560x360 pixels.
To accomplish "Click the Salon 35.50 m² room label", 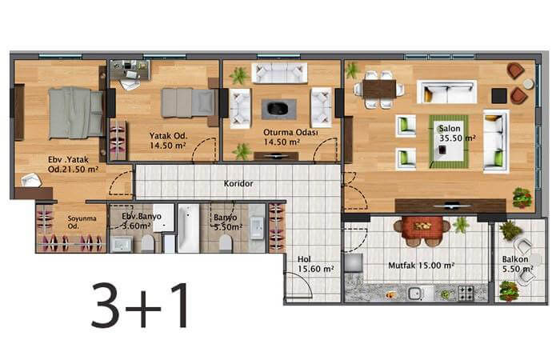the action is [457, 134].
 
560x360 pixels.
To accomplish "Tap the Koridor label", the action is [238, 183].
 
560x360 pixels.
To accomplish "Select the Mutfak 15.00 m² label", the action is [421, 266].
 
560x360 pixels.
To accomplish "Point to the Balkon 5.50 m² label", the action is [518, 264].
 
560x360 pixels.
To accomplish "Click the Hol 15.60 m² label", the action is [316, 264].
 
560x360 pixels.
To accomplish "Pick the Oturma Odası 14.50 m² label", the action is [290, 137].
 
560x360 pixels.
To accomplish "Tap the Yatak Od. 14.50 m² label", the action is [168, 141].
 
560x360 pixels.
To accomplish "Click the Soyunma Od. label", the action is [82, 222].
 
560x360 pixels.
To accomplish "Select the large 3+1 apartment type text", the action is [140, 305].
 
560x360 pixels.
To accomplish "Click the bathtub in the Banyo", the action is [188, 229].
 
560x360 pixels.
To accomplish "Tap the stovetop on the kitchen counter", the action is [466, 294].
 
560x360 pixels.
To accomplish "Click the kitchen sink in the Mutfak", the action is [415, 294].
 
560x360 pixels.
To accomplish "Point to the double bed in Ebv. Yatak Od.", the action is [76, 113].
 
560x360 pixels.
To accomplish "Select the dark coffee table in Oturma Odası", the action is [278, 109].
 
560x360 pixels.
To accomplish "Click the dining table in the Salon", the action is [379, 89].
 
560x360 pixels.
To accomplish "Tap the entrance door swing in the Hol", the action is [299, 286].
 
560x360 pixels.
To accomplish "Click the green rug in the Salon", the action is [449, 142].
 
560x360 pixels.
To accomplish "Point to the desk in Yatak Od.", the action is [130, 70].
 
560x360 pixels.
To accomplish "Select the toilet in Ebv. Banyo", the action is [147, 243].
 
